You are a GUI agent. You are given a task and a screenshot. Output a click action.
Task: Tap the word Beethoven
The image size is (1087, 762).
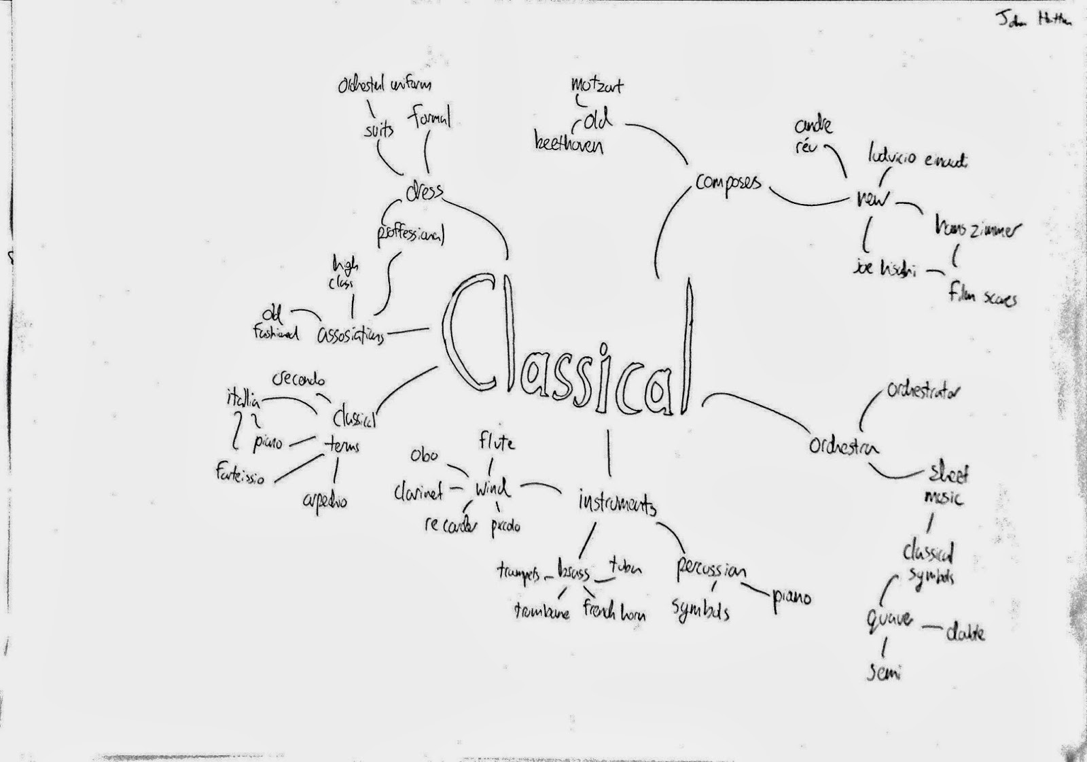[x=568, y=144]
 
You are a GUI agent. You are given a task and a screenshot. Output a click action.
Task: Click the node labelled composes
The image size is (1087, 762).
[x=728, y=184]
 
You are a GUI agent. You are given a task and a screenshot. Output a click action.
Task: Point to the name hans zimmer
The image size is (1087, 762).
[x=977, y=229]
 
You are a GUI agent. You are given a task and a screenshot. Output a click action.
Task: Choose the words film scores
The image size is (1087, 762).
[x=982, y=296]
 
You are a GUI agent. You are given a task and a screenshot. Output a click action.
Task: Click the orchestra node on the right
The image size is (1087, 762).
[x=843, y=447]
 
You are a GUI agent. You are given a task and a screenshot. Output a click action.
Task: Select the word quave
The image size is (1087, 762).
[x=889, y=619]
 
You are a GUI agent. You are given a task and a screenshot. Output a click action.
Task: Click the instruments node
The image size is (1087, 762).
[x=617, y=504]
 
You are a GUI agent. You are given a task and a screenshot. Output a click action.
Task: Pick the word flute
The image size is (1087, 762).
[x=496, y=443]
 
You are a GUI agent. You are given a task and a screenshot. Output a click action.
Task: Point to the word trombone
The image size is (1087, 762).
[x=541, y=611]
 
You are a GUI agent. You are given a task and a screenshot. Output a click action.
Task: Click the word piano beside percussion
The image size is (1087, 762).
[x=791, y=599]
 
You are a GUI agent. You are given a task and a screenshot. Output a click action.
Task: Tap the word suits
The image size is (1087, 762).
[x=378, y=130]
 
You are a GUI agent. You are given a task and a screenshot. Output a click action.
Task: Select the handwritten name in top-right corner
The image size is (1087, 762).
[x=1033, y=20]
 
